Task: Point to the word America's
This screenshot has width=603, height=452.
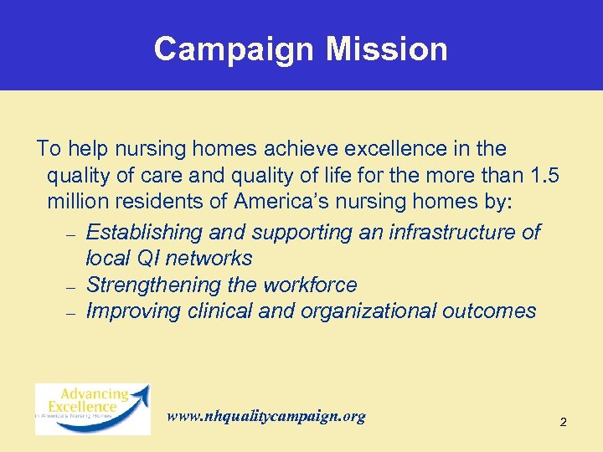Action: [276, 203]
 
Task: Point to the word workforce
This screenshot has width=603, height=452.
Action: [310, 285]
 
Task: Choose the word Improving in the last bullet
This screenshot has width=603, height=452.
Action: [130, 311]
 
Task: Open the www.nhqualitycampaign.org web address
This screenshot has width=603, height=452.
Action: [266, 416]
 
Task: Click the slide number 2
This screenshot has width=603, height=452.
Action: [563, 423]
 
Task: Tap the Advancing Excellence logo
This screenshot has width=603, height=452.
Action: [92, 408]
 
